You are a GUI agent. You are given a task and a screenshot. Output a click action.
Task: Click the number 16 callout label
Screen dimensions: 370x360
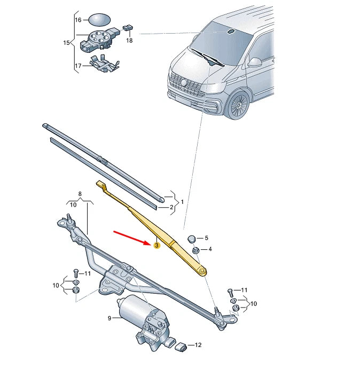(78, 20)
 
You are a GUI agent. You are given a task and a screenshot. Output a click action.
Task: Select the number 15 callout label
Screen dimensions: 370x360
(67, 42)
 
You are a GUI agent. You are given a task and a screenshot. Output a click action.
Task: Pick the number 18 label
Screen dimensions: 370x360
(129, 40)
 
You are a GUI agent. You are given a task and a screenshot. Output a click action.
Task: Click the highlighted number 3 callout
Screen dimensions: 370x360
(156, 246)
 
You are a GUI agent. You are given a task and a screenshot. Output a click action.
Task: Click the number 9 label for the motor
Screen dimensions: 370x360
(109, 319)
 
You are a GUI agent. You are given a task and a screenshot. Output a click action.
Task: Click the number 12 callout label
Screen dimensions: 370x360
(198, 345)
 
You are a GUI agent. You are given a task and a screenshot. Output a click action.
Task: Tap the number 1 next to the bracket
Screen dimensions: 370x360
(182, 202)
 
